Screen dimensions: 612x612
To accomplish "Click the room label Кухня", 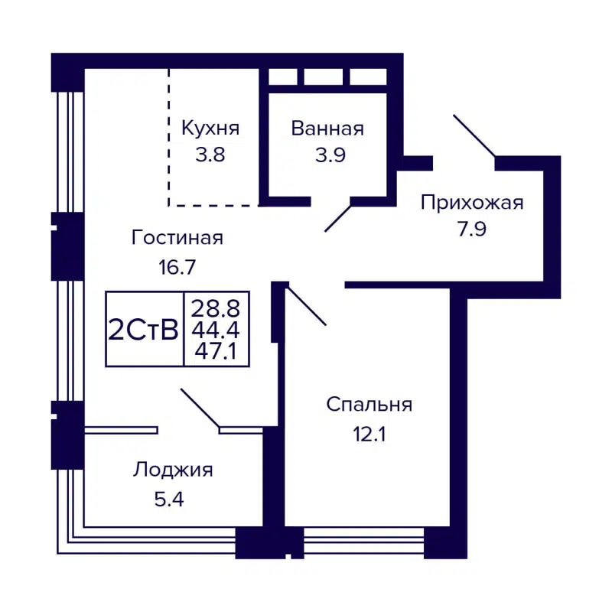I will point(210,129).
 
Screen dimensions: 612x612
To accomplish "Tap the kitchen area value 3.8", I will point(210,155).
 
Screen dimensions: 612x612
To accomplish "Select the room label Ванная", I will point(327,129).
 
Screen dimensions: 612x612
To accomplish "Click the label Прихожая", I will point(472,203).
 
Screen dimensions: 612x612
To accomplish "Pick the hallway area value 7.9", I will point(472,229).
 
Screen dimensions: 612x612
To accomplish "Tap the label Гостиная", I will point(177,238).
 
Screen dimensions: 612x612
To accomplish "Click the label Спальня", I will point(369,405).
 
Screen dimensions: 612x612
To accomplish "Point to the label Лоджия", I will point(174,470).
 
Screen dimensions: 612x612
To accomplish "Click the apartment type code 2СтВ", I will point(144,330).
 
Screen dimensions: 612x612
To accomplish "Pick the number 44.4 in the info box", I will point(216,330).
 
